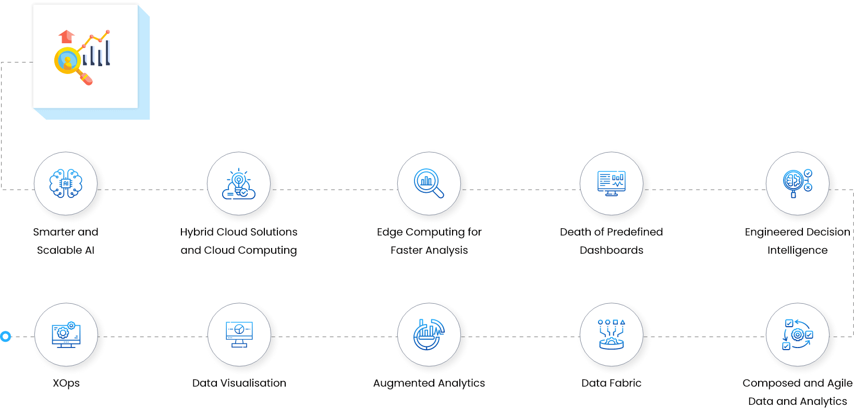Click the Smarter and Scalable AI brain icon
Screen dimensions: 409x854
tap(66, 184)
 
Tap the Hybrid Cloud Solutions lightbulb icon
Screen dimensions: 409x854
tap(239, 184)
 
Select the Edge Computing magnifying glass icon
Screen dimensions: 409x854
tap(429, 183)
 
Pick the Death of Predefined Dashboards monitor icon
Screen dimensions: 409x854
tap(611, 183)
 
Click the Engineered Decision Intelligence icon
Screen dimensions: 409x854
tap(797, 183)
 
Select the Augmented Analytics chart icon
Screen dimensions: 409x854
tap(429, 334)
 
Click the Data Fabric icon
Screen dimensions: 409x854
tap(611, 334)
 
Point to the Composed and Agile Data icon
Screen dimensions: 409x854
tap(797, 334)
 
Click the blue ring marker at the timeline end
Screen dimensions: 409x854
tap(6, 337)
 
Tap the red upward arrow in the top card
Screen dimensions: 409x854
tap(66, 37)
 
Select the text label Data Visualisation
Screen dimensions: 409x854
tap(239, 383)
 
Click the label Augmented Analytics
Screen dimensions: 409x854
tap(429, 383)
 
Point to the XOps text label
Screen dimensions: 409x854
tap(66, 383)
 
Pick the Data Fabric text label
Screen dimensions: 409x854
tap(611, 383)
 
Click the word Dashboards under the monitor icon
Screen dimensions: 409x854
tap(611, 250)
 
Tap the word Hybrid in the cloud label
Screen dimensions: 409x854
tap(196, 232)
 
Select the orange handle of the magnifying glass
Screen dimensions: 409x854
tap(86, 79)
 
